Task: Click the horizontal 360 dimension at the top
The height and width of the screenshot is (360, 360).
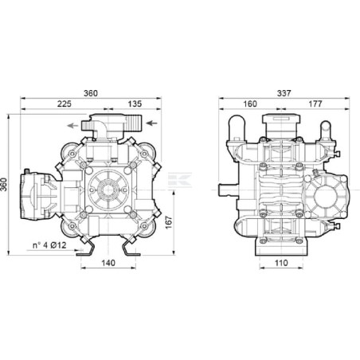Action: coord(91,93)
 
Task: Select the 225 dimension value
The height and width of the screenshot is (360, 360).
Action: coord(65,104)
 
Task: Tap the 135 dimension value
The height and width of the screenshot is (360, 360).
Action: coord(135,104)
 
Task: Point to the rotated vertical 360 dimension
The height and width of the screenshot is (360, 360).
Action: coord(4,184)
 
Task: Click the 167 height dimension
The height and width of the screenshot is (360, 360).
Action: coord(169,222)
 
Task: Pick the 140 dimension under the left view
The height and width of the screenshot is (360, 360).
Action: coord(108,263)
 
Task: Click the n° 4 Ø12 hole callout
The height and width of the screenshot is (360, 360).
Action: coord(49,245)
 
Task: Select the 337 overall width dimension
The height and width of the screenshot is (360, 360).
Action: coord(284,93)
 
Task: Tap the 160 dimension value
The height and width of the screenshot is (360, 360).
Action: coord(250,104)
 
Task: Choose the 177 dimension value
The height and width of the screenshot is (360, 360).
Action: coord(315,104)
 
